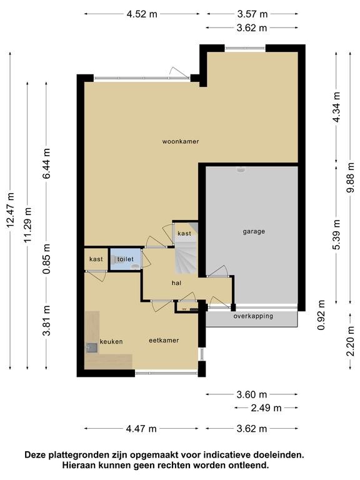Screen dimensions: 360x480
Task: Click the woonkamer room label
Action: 180,141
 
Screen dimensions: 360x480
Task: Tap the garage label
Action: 254,232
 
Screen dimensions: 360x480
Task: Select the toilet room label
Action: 126,259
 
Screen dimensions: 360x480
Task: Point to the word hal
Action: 176,283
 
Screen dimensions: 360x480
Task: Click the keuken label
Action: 111,342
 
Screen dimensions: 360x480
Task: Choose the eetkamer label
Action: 164,341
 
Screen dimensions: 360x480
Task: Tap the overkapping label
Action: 253,316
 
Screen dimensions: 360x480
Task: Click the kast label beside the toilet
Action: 96,259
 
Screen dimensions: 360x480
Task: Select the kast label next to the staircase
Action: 184,234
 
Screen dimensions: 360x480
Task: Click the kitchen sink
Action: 91,348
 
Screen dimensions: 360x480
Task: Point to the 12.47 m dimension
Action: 11,210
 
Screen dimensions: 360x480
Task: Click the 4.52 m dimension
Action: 142,14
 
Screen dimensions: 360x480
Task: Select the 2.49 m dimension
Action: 266,408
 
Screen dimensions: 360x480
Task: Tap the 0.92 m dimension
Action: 321,315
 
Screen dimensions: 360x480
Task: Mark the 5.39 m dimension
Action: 337,235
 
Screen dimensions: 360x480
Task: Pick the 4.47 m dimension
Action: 141,429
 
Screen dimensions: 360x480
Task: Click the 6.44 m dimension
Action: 46,164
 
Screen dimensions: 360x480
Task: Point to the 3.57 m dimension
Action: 252,14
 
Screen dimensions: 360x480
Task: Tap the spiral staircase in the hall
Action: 186,257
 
